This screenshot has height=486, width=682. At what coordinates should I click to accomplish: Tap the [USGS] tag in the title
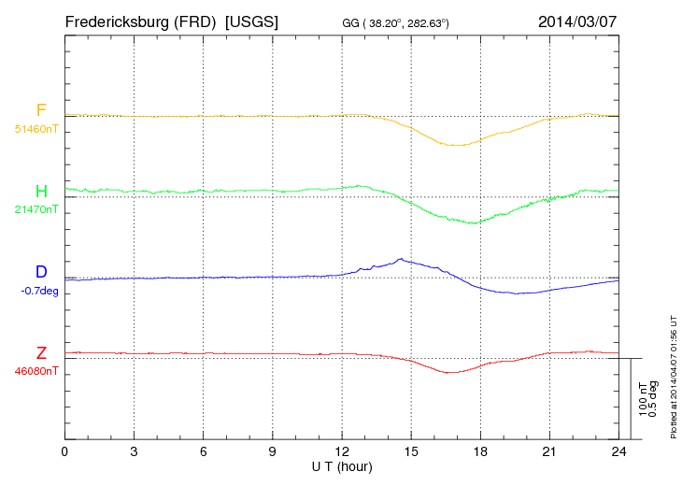pos(252,21)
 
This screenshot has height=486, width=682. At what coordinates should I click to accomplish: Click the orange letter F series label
pos(41,111)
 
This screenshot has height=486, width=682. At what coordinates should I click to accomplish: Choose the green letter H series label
pos(41,192)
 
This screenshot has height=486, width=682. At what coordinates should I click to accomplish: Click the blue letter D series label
pos(41,272)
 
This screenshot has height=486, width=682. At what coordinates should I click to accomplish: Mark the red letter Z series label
pos(41,353)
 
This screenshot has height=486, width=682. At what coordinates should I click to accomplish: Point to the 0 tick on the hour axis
pos(64,452)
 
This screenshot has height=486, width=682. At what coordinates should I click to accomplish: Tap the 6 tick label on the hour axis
pos(204,452)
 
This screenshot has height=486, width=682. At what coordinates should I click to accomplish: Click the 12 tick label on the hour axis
pos(342,452)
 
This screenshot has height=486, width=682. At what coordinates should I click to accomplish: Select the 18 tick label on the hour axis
pos(480,452)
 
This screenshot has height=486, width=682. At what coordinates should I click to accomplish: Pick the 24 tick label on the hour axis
pos(618,452)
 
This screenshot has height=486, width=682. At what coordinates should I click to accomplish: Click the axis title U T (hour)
pos(342,465)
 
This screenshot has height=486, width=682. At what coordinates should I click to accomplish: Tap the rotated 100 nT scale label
pos(643,399)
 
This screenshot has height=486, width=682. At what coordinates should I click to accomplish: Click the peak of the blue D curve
pos(400,259)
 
